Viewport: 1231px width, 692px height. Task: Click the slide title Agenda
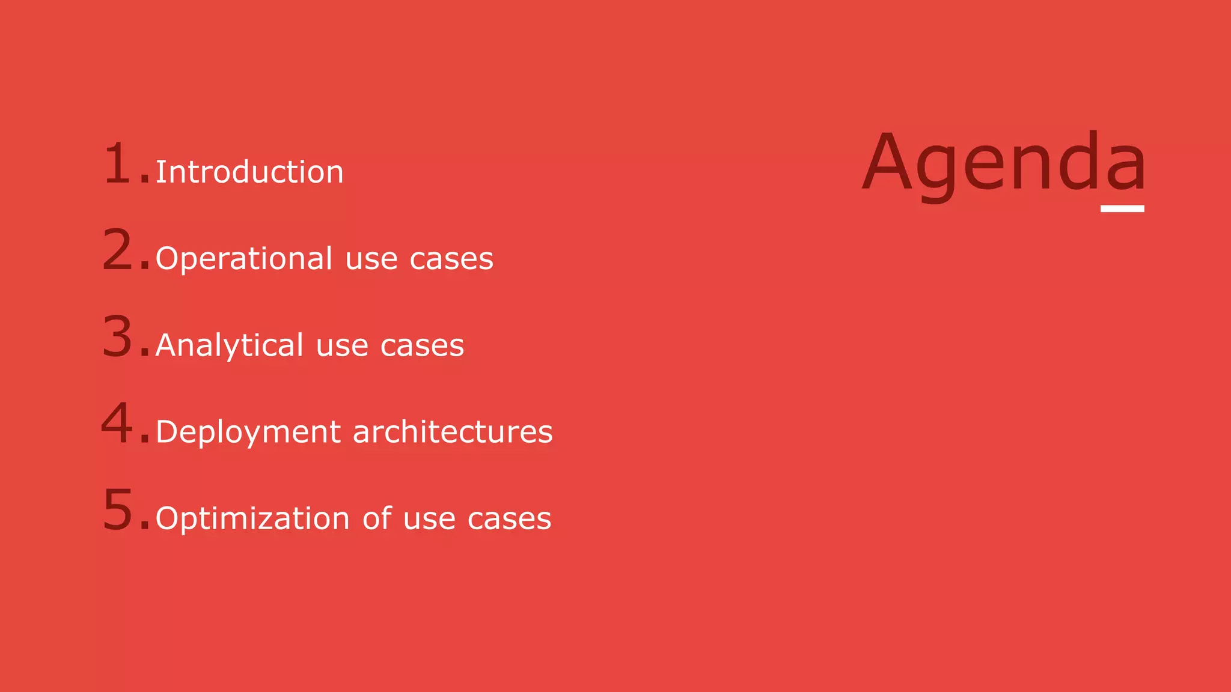point(1004,163)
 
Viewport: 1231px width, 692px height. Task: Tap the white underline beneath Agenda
point(1122,208)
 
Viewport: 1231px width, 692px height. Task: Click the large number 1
point(117,163)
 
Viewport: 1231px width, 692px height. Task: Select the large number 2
point(118,249)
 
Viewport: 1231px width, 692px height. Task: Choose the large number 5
point(118,509)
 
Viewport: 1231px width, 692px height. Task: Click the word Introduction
point(249,172)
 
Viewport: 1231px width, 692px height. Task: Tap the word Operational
point(243,259)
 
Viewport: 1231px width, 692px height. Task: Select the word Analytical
point(229,346)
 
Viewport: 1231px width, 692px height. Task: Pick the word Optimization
point(252,519)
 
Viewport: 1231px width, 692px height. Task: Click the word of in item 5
point(377,518)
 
